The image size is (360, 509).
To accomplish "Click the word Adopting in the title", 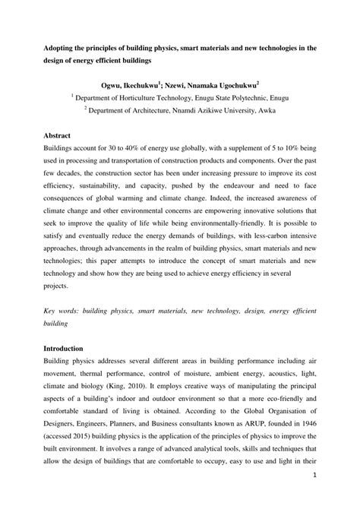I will pyautogui.click(x=62, y=48).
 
